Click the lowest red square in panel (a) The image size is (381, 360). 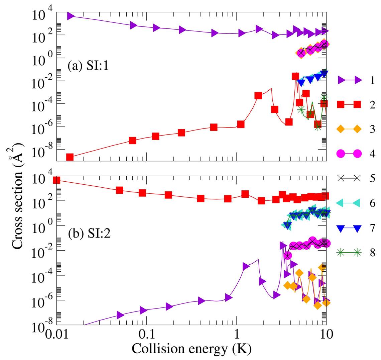coord(70,157)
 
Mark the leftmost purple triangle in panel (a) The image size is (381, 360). coord(71,16)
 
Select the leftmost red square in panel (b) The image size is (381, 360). coord(57,180)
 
